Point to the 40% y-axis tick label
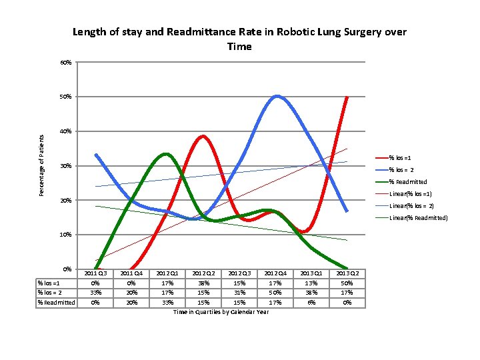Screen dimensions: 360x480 [x=65, y=131]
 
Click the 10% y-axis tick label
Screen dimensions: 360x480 [x=65, y=235]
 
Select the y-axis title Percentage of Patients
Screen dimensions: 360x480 [x=41, y=165]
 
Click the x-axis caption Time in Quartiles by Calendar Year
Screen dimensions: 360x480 [x=221, y=312]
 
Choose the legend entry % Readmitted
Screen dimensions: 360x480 [x=408, y=181]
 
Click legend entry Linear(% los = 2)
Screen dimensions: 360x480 [x=411, y=205]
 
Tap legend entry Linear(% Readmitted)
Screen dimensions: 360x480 [x=418, y=218]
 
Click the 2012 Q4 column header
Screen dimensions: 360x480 [x=275, y=273]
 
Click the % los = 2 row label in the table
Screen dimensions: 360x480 [x=51, y=292]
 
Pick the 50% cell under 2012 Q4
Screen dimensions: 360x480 [x=275, y=292]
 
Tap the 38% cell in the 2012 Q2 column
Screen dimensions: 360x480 [x=203, y=283]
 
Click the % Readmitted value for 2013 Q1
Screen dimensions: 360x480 [x=311, y=302]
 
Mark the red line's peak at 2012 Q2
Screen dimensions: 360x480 [x=203, y=136]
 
